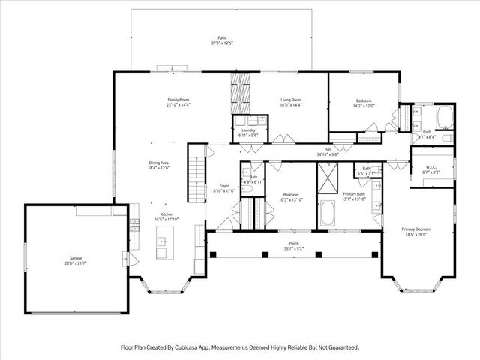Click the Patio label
[221, 37]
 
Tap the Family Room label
[178, 100]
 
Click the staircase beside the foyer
[196, 174]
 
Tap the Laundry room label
[247, 130]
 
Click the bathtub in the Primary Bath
[328, 214]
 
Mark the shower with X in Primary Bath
[328, 180]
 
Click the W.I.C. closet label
[430, 167]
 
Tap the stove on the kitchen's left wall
[136, 223]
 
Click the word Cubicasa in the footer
[193, 347]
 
